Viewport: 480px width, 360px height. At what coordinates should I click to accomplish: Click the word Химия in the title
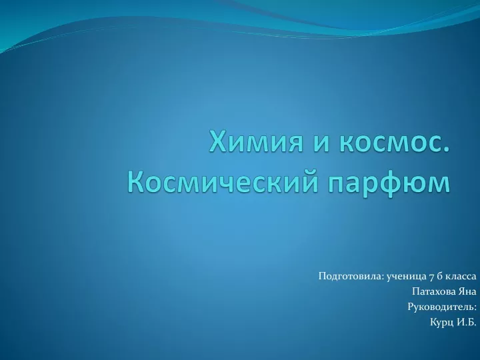tap(256, 141)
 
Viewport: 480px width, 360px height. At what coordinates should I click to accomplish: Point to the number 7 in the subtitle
tap(431, 277)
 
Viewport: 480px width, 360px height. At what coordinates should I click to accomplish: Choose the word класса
tap(461, 277)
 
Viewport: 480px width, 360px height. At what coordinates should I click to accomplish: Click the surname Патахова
tap(433, 291)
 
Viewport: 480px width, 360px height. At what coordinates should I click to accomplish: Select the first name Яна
tap(467, 291)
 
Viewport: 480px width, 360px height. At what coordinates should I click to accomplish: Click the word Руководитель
tap(441, 307)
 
